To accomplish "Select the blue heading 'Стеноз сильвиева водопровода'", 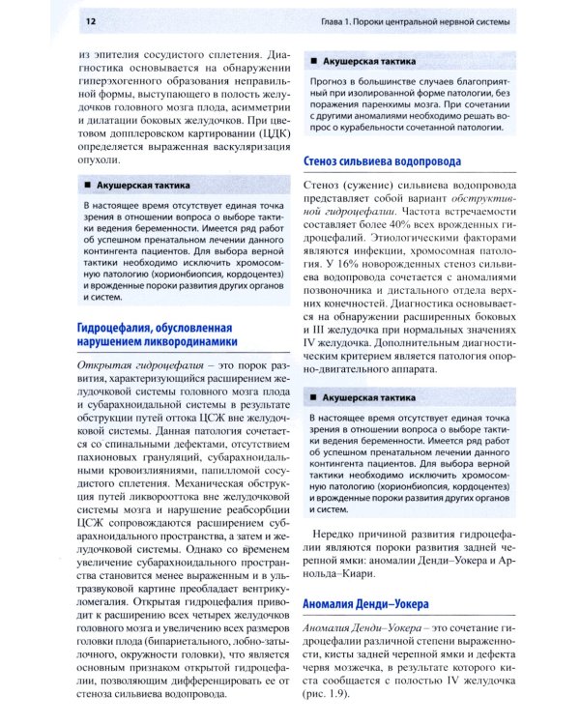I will coord(382,161).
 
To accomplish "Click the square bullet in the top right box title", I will coord(313,61).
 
